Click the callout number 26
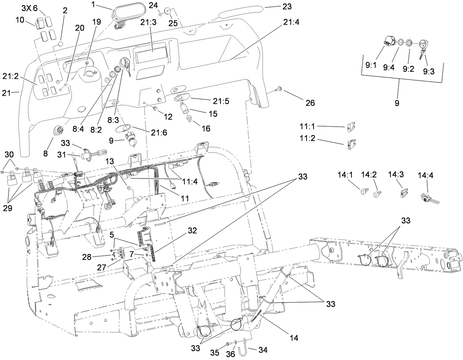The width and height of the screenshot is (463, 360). click(310, 103)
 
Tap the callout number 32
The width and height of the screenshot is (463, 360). click(192, 231)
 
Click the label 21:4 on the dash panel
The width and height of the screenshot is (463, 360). click(291, 22)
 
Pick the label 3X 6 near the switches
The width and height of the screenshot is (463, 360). click(30, 8)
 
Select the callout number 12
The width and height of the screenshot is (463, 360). click(168, 117)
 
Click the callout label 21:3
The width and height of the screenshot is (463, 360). click(148, 22)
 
